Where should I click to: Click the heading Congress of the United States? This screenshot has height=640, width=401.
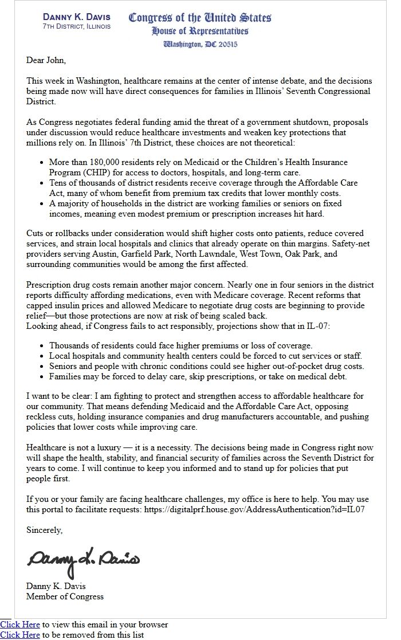pyautogui.click(x=200, y=18)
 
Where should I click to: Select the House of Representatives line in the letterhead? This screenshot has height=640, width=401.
pyautogui.click(x=200, y=31)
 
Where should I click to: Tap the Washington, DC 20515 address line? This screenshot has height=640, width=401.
pyautogui.click(x=200, y=44)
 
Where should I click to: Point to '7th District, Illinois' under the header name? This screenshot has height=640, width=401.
pyautogui.click(x=77, y=26)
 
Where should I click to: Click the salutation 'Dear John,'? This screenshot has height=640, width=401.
pyautogui.click(x=46, y=60)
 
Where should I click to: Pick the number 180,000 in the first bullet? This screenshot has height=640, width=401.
pyautogui.click(x=99, y=163)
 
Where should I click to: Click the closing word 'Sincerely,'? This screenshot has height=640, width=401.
pyautogui.click(x=45, y=530)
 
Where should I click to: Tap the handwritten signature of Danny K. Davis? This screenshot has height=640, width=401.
pyautogui.click(x=83, y=560)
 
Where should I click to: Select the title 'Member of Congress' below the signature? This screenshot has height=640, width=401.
pyautogui.click(x=65, y=596)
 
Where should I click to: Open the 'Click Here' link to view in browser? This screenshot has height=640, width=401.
pyautogui.click(x=20, y=625)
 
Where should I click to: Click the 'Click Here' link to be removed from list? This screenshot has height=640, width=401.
pyautogui.click(x=20, y=635)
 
